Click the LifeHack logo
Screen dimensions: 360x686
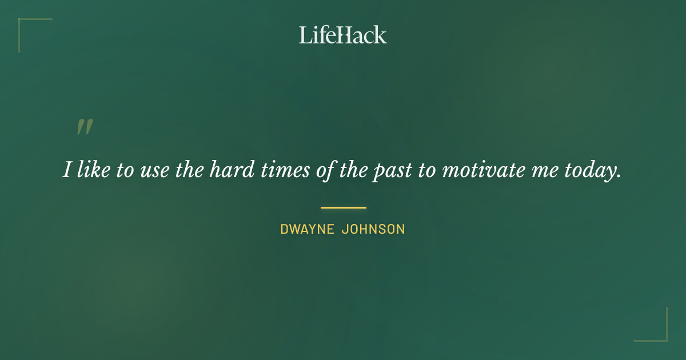[343, 35]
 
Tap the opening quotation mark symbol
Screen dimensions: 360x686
[85, 127]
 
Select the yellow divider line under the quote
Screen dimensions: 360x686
[343, 207]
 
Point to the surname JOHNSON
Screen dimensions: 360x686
[373, 230]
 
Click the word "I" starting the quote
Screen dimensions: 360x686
[67, 170]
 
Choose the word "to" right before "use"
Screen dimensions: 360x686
[125, 170]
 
